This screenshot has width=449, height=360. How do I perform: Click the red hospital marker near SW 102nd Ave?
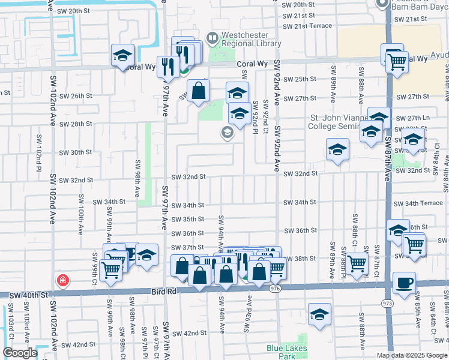point(62,280)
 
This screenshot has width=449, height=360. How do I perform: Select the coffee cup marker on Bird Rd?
point(403,283)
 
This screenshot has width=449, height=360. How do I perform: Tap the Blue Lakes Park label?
point(287,352)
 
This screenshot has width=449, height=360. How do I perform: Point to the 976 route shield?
point(276,289)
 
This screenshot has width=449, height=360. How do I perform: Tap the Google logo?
point(20,353)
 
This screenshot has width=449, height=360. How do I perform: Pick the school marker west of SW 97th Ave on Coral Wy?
point(122,56)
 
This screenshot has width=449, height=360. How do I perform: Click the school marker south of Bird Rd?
point(319,314)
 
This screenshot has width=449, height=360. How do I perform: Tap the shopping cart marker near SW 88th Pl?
point(357,262)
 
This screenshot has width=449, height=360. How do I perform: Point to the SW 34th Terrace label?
point(424,203)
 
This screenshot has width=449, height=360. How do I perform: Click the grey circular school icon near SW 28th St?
point(227,133)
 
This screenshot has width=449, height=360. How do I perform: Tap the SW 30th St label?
point(75,152)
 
